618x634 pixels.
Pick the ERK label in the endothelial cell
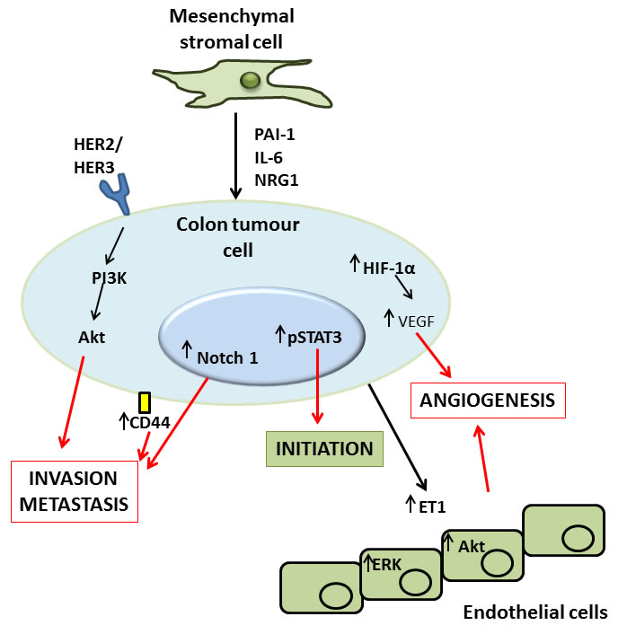click(386, 563)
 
